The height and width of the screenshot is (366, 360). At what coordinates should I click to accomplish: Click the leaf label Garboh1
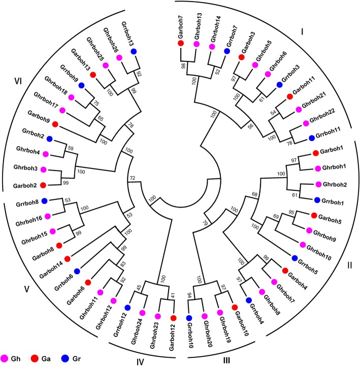(x=335, y=153)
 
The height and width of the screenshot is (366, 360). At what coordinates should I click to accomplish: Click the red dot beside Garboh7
(x=180, y=44)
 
